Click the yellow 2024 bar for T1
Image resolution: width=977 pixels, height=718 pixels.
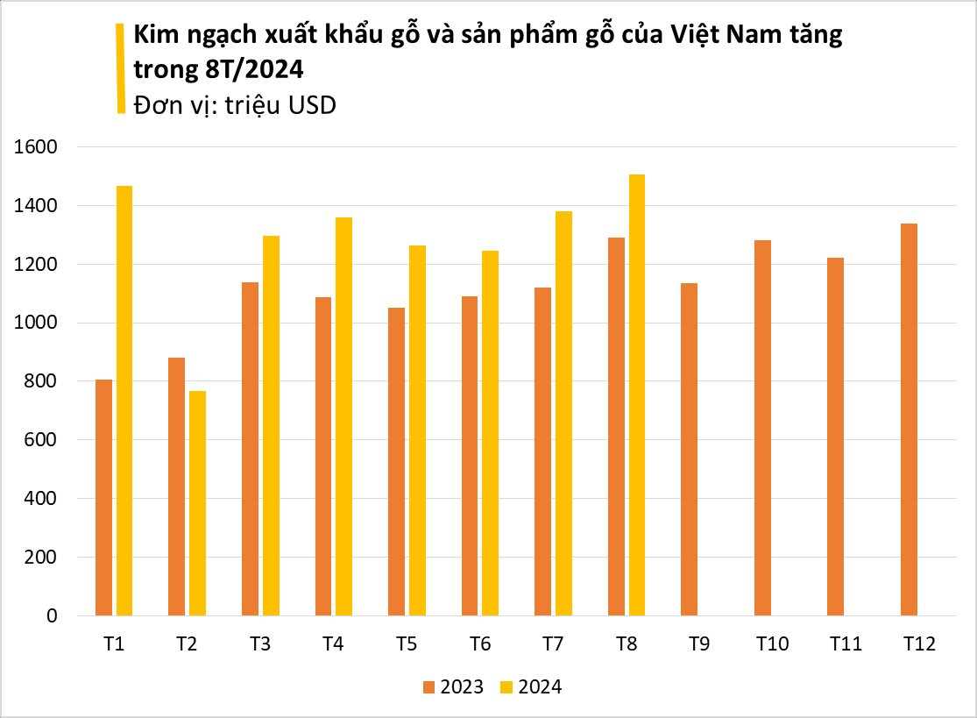click(124, 401)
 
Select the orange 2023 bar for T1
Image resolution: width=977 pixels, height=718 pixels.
click(103, 497)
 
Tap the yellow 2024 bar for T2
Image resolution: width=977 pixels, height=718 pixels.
click(197, 503)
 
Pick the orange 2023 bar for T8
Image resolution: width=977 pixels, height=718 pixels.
click(615, 426)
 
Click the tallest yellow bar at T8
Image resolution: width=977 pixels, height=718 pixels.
click(636, 395)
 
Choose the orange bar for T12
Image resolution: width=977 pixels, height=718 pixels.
click(909, 419)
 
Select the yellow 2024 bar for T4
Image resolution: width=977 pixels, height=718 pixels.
click(343, 416)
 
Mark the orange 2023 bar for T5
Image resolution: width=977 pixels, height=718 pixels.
click(396, 461)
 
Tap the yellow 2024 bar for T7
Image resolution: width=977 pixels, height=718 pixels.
click(563, 413)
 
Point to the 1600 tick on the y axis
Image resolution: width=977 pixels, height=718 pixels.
click(36, 147)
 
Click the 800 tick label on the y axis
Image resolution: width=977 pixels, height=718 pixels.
click(41, 381)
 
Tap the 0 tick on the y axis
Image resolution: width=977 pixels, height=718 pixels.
click(52, 616)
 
